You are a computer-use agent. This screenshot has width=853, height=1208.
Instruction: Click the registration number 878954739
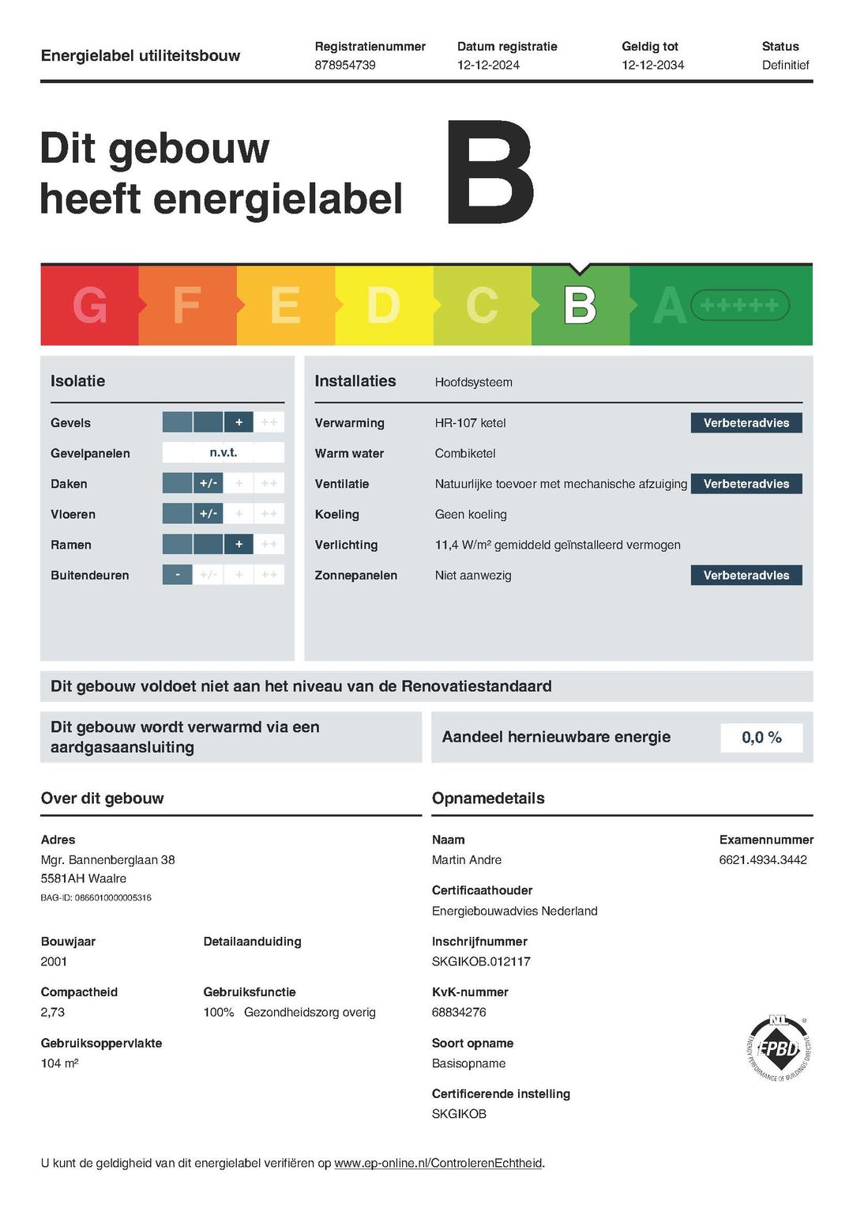(345, 65)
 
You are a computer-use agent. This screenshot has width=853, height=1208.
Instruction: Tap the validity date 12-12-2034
(652, 65)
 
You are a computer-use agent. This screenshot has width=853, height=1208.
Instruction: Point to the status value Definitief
(785, 65)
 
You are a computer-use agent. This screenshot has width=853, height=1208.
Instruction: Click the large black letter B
(490, 172)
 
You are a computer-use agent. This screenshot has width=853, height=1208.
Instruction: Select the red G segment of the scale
(89, 305)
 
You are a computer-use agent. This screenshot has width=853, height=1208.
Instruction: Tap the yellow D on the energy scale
(384, 305)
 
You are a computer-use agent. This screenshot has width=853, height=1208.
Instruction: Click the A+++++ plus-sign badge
(740, 305)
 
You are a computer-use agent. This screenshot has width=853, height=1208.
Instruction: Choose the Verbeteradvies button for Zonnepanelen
(746, 576)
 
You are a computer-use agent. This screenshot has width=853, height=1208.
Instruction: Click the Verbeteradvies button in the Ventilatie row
(746, 484)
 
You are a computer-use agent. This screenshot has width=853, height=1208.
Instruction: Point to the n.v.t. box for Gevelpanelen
(224, 453)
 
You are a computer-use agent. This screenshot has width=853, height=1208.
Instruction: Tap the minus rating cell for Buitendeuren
(178, 575)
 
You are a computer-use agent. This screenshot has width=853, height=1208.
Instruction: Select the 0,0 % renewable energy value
(761, 738)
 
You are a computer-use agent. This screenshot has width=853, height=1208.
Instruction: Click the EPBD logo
(779, 1048)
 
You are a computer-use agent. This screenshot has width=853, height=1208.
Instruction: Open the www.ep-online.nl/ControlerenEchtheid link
(438, 1163)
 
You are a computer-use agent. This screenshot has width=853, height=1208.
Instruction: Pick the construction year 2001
(54, 961)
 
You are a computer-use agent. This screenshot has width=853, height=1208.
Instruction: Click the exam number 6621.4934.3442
(763, 860)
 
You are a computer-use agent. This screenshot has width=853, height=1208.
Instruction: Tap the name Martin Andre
(467, 860)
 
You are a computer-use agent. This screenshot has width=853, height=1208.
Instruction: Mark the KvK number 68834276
(459, 1012)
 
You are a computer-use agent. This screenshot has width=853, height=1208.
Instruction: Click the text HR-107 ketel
(470, 423)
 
